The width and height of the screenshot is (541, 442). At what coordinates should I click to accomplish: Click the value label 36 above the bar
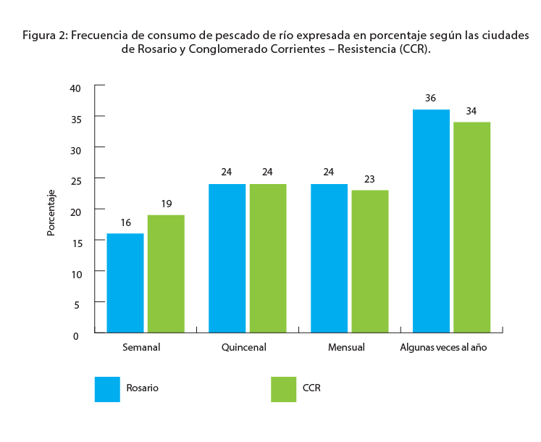(x=430, y=98)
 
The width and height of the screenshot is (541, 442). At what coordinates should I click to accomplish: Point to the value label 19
(x=166, y=204)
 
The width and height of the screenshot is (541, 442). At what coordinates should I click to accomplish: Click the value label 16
(x=125, y=222)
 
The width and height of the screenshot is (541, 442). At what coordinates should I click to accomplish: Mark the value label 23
(x=369, y=179)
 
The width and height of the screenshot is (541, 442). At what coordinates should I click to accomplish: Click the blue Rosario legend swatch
(x=107, y=388)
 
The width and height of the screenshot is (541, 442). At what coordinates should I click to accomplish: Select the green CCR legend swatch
(x=283, y=388)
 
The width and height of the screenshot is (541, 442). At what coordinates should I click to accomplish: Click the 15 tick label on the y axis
(x=77, y=243)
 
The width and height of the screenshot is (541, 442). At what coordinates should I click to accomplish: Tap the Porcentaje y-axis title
(x=51, y=212)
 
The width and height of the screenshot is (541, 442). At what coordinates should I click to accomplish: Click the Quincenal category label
(x=244, y=348)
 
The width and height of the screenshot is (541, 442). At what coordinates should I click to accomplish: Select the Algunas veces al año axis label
(x=443, y=348)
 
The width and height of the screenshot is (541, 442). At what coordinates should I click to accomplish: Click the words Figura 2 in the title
(x=44, y=36)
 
